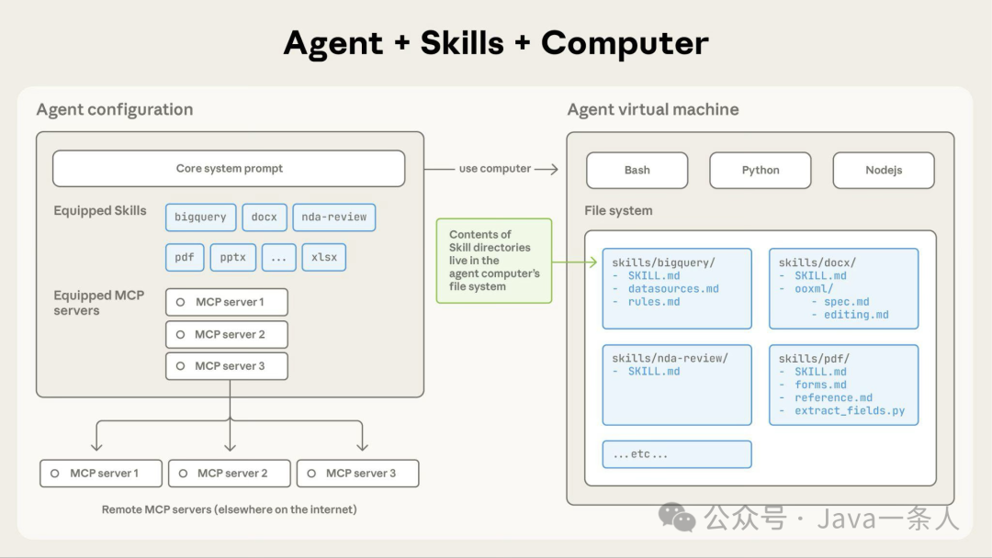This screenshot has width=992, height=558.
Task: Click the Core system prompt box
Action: (x=229, y=169)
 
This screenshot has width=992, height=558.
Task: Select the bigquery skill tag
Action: (x=200, y=218)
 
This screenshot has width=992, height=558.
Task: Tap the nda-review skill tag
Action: (x=333, y=218)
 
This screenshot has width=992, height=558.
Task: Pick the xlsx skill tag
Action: (x=323, y=257)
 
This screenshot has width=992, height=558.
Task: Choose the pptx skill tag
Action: (x=232, y=257)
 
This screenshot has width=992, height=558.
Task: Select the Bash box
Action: (x=637, y=170)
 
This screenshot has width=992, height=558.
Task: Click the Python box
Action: (x=760, y=170)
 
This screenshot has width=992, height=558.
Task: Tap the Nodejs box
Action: (x=883, y=170)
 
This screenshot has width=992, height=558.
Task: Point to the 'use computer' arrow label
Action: (x=494, y=169)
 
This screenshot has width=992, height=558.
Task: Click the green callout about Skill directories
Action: (x=493, y=261)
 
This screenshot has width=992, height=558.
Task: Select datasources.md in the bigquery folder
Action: (x=672, y=289)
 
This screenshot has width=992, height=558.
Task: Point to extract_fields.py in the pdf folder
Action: (x=850, y=410)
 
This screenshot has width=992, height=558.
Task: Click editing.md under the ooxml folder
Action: (x=856, y=315)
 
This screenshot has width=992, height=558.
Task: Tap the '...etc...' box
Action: (x=676, y=454)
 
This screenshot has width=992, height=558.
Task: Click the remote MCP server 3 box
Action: (x=357, y=474)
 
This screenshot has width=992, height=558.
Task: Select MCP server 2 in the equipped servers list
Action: (x=227, y=334)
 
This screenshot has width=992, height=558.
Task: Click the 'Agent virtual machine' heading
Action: (x=652, y=110)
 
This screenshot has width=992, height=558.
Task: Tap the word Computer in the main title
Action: (x=625, y=43)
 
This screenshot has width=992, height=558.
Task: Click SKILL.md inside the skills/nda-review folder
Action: (x=654, y=372)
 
